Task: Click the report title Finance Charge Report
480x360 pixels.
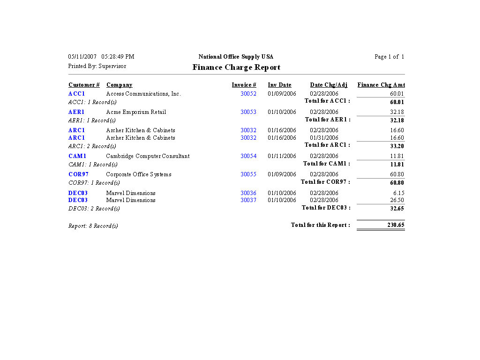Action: click(x=236, y=67)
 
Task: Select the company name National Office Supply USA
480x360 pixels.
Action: click(x=236, y=57)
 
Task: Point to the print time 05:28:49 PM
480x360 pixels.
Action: click(x=118, y=57)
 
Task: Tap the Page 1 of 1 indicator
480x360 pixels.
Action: click(x=389, y=57)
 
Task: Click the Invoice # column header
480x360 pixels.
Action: click(x=244, y=85)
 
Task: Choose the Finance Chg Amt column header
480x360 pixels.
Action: click(x=381, y=85)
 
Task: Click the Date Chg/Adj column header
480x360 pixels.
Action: click(x=329, y=85)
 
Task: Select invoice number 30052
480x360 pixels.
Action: click(x=248, y=94)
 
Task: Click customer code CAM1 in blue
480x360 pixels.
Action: click(x=77, y=156)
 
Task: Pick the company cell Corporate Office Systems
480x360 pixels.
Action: click(x=139, y=174)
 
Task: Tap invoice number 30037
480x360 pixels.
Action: click(x=248, y=200)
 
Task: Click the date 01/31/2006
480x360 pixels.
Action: click(x=324, y=138)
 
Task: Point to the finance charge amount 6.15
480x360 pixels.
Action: click(x=399, y=193)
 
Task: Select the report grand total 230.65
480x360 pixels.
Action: click(x=396, y=225)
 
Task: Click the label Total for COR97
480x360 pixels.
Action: click(x=325, y=182)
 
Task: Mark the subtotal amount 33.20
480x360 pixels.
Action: click(x=397, y=146)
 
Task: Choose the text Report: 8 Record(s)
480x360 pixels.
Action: click(x=93, y=226)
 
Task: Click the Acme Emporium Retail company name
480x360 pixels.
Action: click(x=136, y=112)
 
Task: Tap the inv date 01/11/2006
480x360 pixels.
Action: click(x=282, y=156)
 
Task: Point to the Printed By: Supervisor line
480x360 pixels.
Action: click(x=97, y=66)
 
